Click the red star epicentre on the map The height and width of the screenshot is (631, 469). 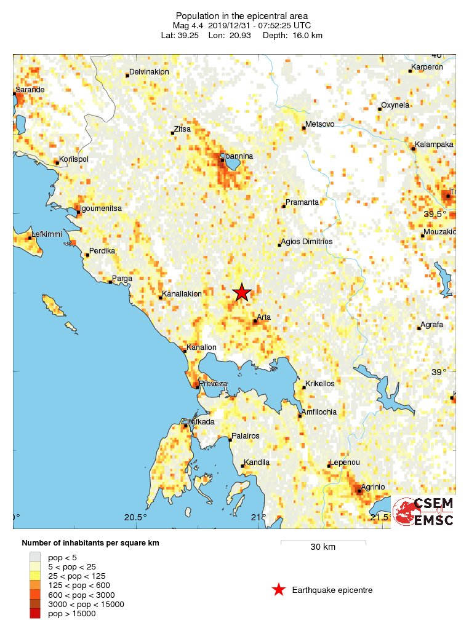coord(242,293)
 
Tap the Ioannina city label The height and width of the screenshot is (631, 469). coord(239,156)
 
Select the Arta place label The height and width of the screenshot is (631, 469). coord(263,317)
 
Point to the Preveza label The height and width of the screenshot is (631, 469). coord(213,383)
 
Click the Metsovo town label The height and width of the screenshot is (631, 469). coord(320,124)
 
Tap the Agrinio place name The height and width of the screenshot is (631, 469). coord(372,486)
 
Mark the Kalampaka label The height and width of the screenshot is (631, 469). coord(434,145)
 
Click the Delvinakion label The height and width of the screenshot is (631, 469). coord(149,71)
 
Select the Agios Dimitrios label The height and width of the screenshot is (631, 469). coord(306,242)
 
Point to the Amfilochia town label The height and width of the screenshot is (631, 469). coord(319,412)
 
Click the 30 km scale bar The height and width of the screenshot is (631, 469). coord(323,542)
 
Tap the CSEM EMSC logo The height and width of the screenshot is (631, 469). coord(423,512)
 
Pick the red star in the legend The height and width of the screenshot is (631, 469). coord(279,590)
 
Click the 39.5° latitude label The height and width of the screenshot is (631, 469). coord(435,213)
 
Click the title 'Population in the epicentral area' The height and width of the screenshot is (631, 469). coord(242,15)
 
